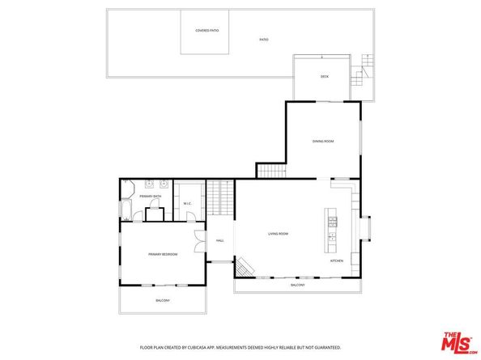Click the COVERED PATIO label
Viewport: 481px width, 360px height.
click(207, 31)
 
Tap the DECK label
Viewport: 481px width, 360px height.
click(324, 77)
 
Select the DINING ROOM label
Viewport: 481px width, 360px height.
click(323, 142)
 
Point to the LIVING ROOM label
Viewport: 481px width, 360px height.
click(279, 234)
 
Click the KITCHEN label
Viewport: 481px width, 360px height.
click(336, 261)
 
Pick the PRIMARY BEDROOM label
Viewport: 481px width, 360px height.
click(163, 254)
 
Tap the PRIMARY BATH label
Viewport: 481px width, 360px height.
click(151, 197)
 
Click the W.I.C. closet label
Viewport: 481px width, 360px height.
click(187, 204)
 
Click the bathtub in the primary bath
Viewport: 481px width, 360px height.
click(126, 213)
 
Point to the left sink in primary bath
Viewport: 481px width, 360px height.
click(147, 184)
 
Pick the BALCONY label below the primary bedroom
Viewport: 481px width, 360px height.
click(163, 301)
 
